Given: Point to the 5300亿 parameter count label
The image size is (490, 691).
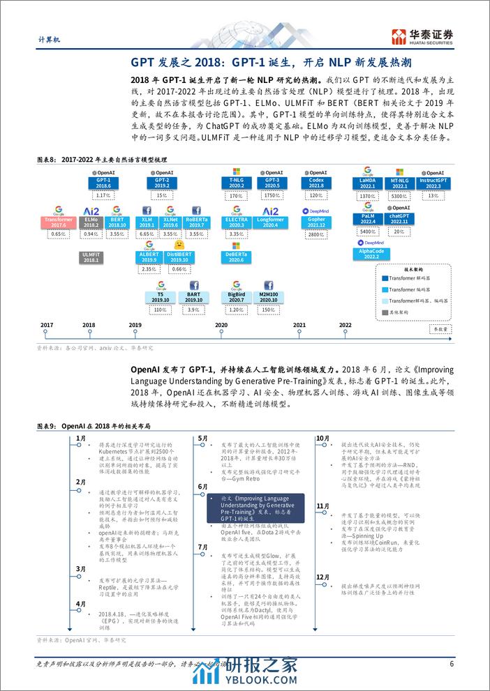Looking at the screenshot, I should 401,197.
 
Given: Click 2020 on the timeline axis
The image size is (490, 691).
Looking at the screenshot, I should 221,325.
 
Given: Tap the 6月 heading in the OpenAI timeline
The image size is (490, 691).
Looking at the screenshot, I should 202,486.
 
